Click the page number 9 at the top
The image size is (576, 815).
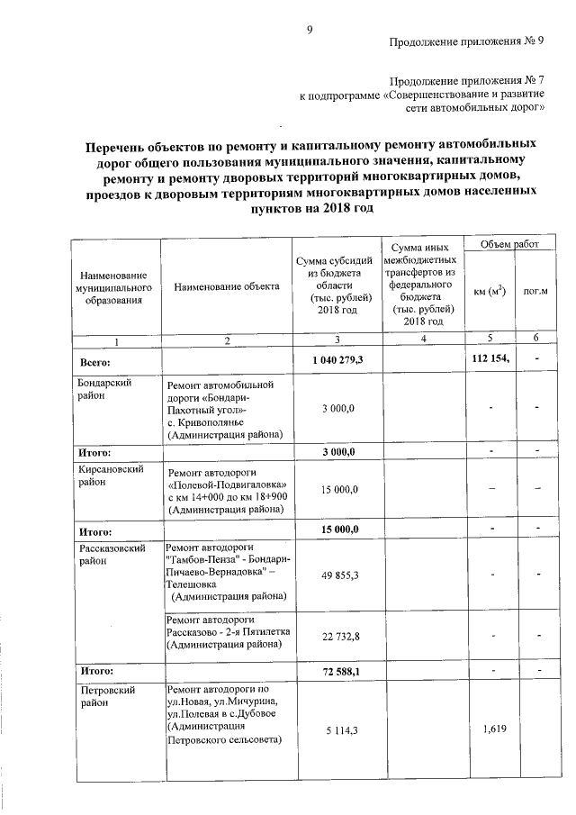[x=309, y=30]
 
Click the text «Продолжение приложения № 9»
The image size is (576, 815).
[x=467, y=42]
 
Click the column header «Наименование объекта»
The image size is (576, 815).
[x=228, y=286]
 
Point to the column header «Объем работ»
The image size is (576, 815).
[x=509, y=244]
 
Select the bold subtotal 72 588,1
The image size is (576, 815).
[x=339, y=672]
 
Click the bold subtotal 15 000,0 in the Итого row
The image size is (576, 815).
[x=339, y=530]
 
